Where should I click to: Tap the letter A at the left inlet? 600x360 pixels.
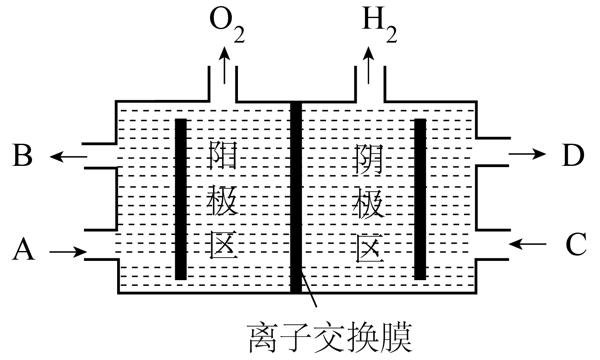23,249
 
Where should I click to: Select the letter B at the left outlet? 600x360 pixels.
23,156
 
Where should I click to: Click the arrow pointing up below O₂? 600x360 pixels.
224,66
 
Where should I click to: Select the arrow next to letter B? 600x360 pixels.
68,156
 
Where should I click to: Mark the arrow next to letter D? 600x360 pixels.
528,154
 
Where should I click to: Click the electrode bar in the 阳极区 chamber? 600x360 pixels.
181,199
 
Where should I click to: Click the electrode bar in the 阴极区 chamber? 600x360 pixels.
420,199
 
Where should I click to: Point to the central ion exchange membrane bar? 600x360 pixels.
296,197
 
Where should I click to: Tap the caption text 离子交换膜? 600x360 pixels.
330,338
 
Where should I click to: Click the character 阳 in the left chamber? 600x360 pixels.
223,156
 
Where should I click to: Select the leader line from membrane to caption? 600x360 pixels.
309,291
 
